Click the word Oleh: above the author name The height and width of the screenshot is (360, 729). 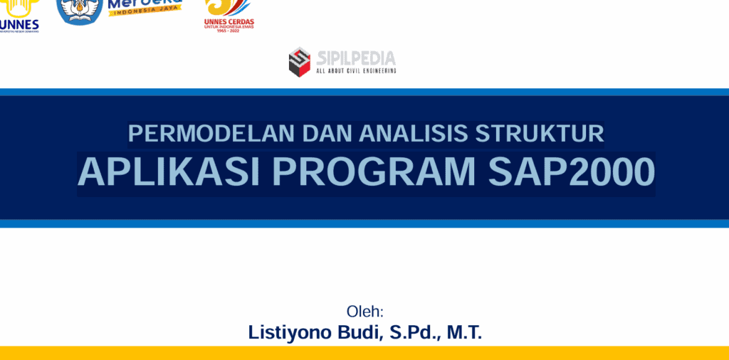(x=364, y=312)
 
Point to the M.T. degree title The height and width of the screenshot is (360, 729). (x=464, y=332)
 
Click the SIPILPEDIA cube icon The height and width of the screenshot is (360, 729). (x=300, y=61)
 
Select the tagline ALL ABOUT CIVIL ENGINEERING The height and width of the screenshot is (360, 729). (x=355, y=71)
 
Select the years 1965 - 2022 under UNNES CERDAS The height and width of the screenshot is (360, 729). (x=229, y=31)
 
